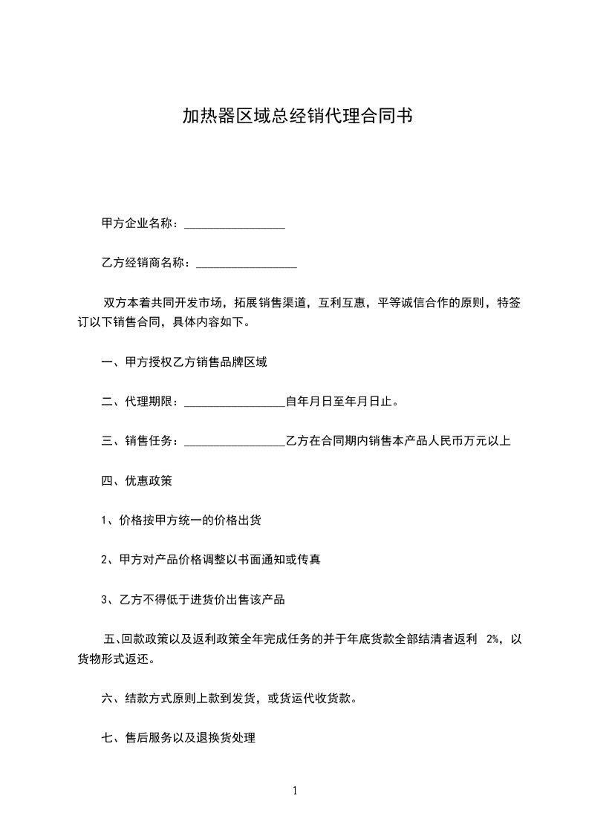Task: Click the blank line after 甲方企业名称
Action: point(234,224)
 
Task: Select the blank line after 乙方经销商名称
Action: point(246,264)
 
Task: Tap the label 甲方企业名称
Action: point(138,223)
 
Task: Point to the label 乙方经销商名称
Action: point(144,263)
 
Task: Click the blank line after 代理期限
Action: point(234,403)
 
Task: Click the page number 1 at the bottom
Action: point(295,791)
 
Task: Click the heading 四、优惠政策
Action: point(137,481)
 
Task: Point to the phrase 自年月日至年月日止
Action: point(341,402)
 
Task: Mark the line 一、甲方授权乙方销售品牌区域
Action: point(183,363)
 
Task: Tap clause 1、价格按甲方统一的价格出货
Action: point(180,520)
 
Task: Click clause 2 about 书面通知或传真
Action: point(210,560)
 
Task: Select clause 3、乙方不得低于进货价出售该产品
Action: point(193,600)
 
